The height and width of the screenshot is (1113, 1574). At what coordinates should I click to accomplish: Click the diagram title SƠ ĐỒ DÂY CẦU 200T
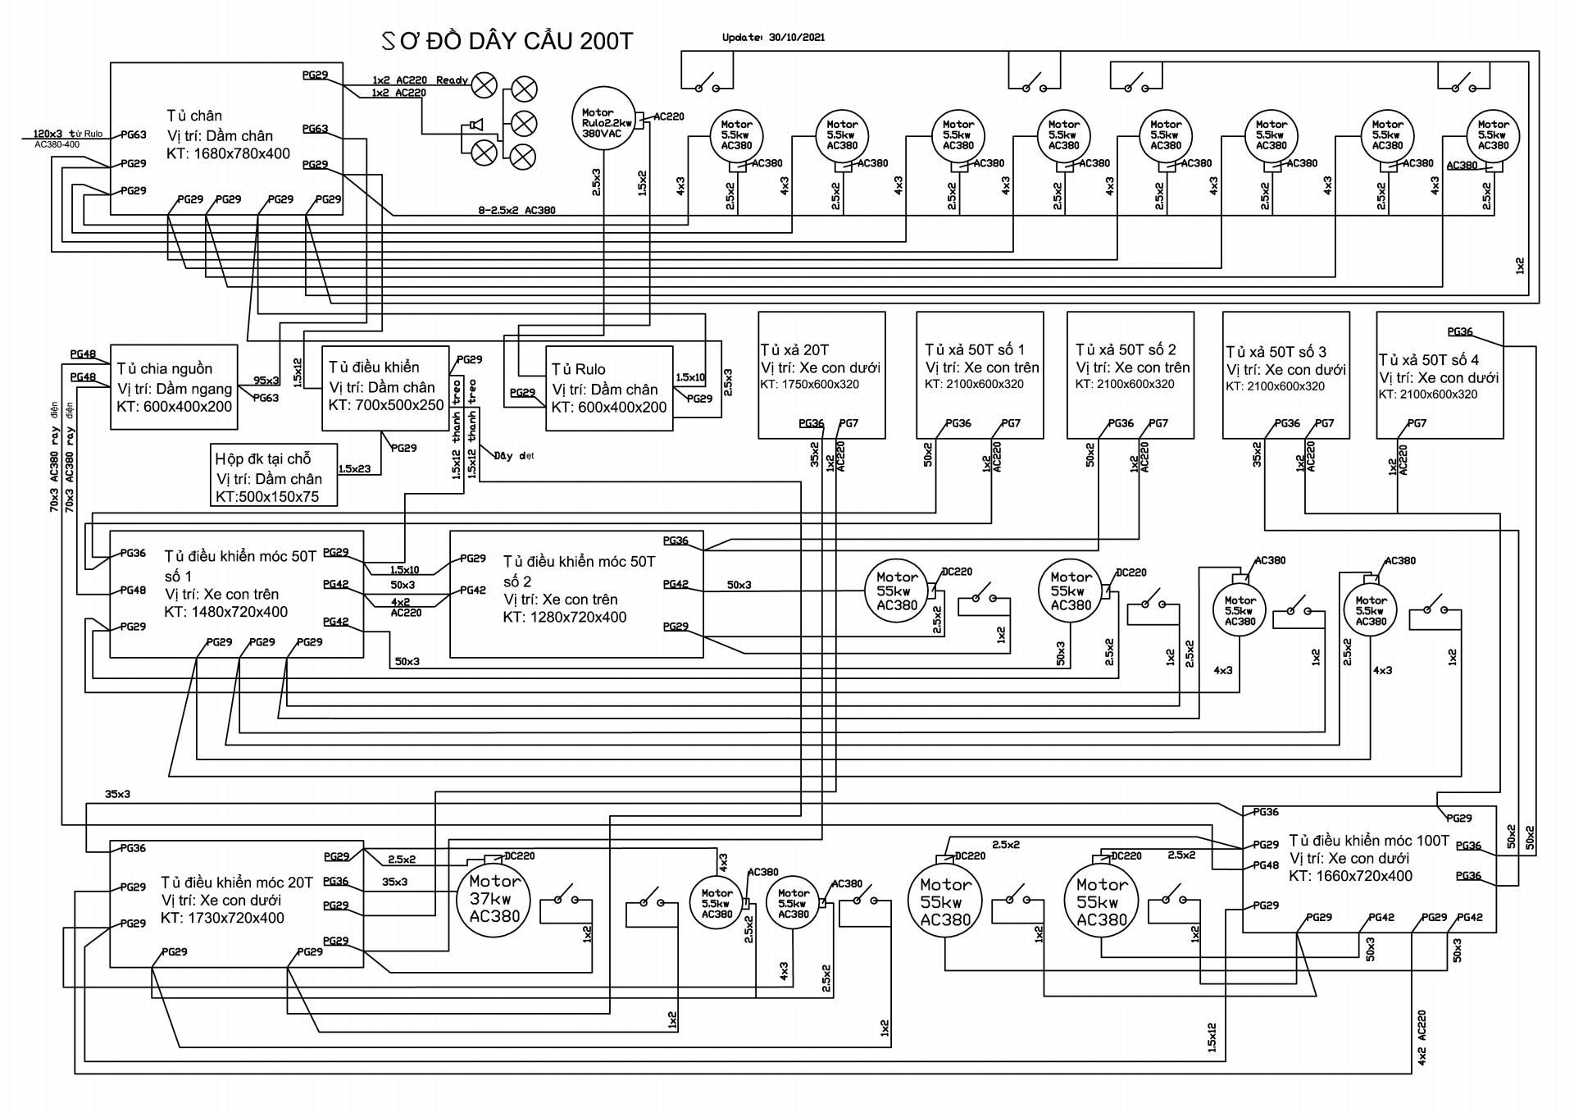508,41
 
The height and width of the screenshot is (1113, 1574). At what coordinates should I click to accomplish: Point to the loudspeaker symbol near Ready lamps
473,125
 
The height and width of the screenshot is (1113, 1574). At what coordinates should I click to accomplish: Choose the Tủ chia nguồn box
174,387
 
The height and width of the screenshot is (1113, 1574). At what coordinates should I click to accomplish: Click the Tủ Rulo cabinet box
609,388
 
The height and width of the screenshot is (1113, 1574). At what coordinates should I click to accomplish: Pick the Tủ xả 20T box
821,375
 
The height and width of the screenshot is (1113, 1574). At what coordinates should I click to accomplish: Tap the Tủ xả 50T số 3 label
1276,352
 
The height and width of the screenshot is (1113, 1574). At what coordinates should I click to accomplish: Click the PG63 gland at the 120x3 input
134,135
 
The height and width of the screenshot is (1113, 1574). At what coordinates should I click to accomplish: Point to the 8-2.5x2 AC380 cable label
516,211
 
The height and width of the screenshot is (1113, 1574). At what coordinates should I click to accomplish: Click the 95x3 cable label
266,381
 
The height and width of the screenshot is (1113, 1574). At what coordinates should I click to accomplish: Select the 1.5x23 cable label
354,468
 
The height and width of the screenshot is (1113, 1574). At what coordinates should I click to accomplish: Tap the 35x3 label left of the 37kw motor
395,882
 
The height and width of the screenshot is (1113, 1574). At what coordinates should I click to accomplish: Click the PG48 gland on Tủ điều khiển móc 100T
1266,865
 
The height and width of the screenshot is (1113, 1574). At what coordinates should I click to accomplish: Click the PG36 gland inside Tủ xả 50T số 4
1460,332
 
